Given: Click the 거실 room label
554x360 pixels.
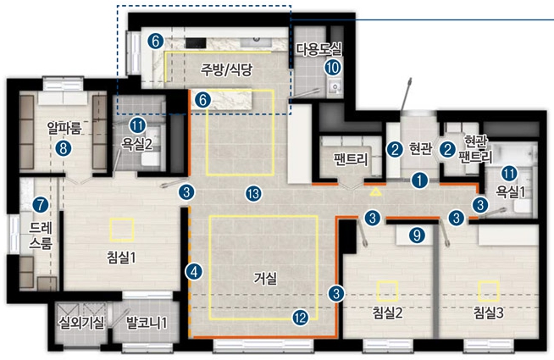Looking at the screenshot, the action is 265,279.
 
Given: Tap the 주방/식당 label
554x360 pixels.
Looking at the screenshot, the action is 227,69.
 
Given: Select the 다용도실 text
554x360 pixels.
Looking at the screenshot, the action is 319,49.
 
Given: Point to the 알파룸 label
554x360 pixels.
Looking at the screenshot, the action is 64,128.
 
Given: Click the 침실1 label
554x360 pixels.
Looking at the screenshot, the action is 121,258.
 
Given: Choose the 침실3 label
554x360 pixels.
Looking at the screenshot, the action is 489,313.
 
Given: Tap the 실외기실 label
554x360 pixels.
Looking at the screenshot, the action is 81,322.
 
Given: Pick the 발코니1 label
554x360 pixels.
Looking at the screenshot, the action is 147,322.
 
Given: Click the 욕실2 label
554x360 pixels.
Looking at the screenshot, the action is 137,144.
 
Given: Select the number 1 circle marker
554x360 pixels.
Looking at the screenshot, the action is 419,180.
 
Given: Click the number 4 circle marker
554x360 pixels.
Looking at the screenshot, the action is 194,272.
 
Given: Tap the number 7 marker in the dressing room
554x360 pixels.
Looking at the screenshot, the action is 41,205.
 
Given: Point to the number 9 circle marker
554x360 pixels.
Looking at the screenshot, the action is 417,235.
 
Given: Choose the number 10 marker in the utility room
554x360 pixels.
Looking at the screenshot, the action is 332,67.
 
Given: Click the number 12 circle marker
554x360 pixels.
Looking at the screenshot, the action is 301,318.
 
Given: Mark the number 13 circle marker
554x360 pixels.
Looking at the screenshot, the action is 253,194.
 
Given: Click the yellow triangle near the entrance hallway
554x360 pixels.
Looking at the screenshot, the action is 375,191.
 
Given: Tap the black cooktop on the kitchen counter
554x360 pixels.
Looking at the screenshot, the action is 196,43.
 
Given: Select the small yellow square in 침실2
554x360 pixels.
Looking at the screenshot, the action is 388,291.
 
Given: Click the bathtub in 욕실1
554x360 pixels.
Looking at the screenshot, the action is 514,153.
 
